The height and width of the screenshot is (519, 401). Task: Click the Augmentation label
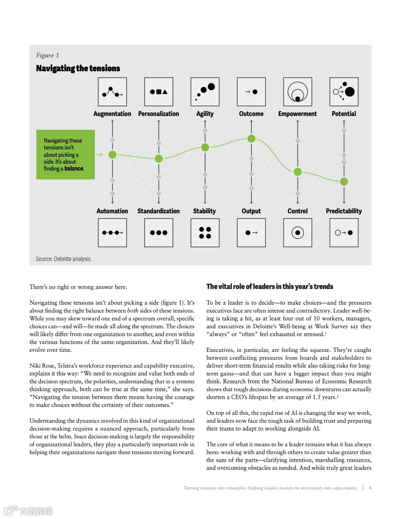click(112, 114)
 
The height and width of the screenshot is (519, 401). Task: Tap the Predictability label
click(344, 211)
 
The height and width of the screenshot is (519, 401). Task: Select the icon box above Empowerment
click(297, 92)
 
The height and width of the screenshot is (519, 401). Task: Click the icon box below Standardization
click(159, 232)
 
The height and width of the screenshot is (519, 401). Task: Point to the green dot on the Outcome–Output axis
click(251, 139)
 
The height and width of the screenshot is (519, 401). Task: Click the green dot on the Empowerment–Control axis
click(297, 172)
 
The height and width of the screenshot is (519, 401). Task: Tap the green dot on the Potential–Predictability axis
click(344, 181)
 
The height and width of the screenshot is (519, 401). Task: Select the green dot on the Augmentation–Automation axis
click(113, 154)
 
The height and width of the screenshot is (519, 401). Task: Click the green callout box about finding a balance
click(65, 154)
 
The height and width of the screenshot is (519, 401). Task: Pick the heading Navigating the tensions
click(78, 68)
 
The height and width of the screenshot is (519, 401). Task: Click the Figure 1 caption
click(48, 55)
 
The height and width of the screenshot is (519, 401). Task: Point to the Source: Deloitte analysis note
click(63, 259)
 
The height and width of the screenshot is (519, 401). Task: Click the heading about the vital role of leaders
click(269, 287)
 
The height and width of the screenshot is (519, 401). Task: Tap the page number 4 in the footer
click(370, 488)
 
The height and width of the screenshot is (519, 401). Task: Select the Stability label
click(204, 211)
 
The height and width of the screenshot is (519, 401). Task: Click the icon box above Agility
click(205, 92)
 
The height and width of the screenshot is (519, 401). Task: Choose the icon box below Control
click(297, 232)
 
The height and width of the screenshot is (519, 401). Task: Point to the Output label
click(251, 211)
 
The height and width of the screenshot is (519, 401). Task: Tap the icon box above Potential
click(344, 92)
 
